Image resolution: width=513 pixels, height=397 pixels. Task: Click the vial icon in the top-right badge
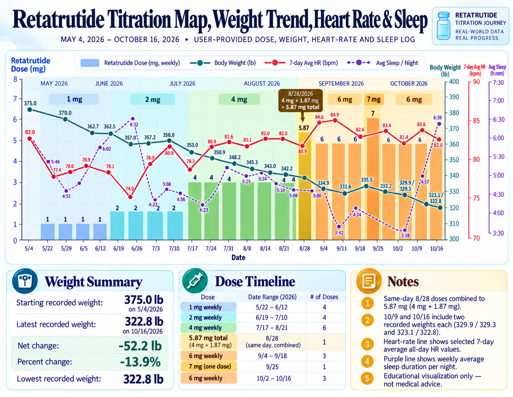click(x=444, y=26)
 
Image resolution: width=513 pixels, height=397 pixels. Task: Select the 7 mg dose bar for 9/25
click(x=373, y=179)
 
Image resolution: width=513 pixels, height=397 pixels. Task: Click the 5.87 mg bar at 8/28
click(x=304, y=186)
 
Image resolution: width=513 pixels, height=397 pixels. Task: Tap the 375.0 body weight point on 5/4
click(x=30, y=109)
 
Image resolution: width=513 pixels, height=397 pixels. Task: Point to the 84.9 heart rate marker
click(x=335, y=120)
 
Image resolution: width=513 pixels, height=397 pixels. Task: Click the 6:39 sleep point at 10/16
click(x=439, y=124)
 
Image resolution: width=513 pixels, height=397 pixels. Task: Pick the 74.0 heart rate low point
click(x=130, y=197)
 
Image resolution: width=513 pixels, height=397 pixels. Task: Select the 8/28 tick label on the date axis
click(x=305, y=248)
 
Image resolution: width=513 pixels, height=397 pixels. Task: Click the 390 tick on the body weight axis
click(x=454, y=97)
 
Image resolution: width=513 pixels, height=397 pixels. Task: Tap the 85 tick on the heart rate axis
click(x=476, y=121)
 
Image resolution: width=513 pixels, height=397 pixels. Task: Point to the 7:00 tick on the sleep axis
click(x=498, y=100)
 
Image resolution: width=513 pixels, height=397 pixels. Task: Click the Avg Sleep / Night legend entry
click(x=382, y=63)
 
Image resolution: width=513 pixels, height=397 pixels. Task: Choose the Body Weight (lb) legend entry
click(x=223, y=63)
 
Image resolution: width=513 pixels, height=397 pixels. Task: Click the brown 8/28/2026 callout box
click(x=300, y=100)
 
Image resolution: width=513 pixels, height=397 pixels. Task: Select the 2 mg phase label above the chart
click(x=153, y=99)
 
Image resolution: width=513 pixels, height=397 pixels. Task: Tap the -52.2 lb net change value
click(x=140, y=346)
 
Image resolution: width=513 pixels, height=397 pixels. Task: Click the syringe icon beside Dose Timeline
click(x=195, y=281)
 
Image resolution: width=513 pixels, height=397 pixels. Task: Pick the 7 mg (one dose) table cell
click(x=209, y=366)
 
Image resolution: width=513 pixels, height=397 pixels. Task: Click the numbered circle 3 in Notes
click(x=367, y=344)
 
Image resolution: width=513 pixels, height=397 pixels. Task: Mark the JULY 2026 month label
click(x=182, y=84)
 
